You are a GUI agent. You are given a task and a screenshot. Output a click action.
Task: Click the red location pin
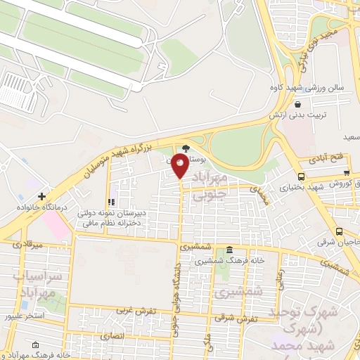coord(181,165)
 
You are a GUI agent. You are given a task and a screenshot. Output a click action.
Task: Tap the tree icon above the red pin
coord(186,148)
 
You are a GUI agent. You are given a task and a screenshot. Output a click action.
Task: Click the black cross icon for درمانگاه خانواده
coord(43,196)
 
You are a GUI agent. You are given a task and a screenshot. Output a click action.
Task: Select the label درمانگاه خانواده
coord(43,208)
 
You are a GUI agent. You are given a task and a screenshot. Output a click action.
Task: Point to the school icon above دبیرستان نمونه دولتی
coord(110,202)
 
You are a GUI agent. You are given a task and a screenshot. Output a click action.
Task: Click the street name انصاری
coord(112,336)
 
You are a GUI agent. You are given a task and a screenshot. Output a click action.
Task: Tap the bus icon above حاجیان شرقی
coord(340,231)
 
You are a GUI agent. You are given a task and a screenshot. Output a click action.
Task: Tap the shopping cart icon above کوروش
coord(346,172)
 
